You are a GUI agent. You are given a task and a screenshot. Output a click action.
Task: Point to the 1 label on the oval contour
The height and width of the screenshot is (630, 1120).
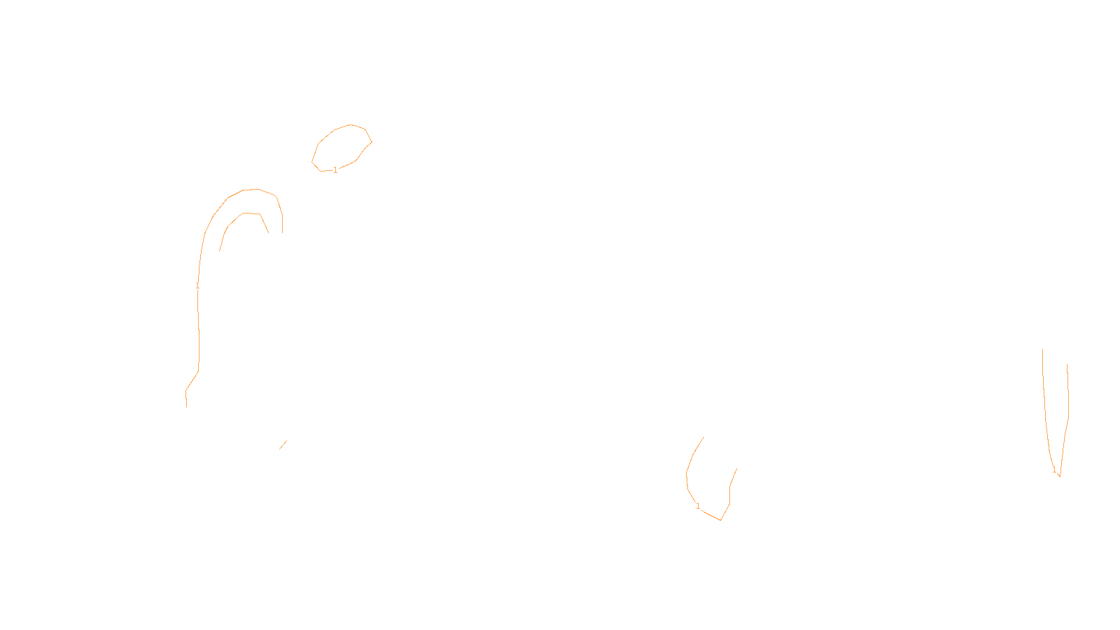(x=335, y=170)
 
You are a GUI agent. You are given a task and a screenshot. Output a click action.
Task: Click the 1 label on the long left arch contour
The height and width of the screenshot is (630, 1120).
(x=197, y=286)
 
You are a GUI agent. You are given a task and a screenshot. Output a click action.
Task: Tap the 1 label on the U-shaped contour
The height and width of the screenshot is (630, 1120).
(x=698, y=506)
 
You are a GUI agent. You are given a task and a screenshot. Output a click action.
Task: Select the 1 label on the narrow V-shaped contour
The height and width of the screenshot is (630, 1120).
(x=1054, y=470)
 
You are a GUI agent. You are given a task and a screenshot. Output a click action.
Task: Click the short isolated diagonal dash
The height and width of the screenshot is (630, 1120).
(x=283, y=444)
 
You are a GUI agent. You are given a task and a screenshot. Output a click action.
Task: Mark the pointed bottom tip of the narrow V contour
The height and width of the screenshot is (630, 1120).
(x=1059, y=476)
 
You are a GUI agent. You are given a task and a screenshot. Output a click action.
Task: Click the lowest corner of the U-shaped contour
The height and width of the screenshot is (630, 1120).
(x=720, y=519)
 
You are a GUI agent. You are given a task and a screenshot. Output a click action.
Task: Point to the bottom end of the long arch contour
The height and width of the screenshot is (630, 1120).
(x=186, y=406)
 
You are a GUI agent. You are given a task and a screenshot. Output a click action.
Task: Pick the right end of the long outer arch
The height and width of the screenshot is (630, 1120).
(x=282, y=232)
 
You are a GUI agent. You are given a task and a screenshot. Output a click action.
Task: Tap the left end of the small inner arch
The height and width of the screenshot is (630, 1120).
(x=220, y=251)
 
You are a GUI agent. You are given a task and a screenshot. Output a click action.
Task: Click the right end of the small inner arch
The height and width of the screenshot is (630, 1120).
(x=268, y=232)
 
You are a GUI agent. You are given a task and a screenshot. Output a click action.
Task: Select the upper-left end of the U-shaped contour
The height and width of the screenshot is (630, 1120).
(x=703, y=437)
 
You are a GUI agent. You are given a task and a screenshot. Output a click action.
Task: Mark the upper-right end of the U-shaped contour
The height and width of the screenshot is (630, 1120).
(x=736, y=468)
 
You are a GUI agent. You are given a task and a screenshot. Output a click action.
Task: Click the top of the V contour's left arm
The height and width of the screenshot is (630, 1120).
(x=1043, y=350)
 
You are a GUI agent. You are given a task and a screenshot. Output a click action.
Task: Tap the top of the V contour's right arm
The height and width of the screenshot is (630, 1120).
(x=1067, y=364)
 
